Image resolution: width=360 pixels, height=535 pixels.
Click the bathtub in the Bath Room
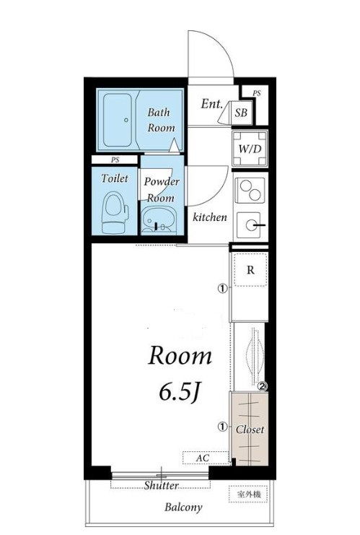(x=118, y=120)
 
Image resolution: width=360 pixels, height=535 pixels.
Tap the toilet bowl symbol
(x=115, y=212)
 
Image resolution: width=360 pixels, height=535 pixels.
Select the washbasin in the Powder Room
(x=159, y=221)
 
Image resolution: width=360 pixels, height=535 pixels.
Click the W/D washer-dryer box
(x=250, y=149)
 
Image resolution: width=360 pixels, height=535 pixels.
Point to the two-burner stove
(x=250, y=191)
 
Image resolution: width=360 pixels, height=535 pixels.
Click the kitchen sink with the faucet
(x=251, y=225)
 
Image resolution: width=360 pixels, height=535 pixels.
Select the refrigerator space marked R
(x=250, y=269)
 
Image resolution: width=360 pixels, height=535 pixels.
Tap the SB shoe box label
(x=241, y=112)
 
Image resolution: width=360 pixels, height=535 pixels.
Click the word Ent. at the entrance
(x=211, y=103)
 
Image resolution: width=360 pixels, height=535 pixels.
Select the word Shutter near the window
(x=162, y=485)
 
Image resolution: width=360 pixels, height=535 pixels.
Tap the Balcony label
(x=183, y=507)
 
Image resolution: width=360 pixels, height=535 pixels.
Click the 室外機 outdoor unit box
(x=249, y=494)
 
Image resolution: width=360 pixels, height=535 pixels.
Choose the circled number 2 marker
(x=263, y=386)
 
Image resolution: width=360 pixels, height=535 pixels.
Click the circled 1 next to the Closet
(x=222, y=427)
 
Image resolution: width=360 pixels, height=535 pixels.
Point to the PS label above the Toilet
(x=115, y=160)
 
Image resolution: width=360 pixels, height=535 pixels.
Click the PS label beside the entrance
(x=257, y=93)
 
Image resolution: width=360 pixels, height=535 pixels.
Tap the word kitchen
(x=210, y=217)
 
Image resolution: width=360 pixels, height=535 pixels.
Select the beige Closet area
(x=250, y=429)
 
